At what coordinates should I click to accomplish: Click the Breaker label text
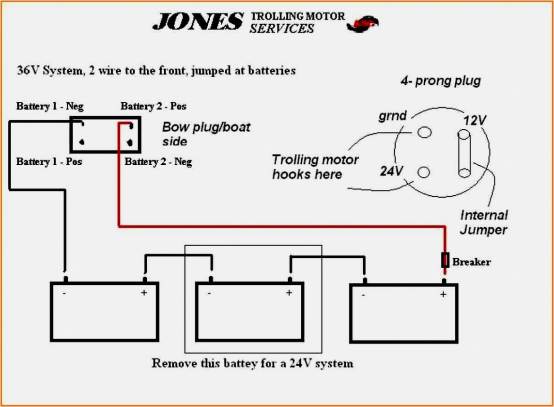(471, 262)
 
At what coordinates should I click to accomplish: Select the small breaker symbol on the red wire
(445, 260)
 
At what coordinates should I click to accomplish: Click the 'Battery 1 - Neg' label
(49, 106)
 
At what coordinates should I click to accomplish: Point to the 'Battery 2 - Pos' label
(153, 106)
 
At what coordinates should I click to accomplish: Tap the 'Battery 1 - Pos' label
(49, 161)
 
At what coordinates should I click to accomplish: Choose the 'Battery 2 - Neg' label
(158, 162)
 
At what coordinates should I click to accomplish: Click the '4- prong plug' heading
(440, 80)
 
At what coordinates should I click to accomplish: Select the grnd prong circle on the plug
(425, 132)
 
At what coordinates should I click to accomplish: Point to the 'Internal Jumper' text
(484, 222)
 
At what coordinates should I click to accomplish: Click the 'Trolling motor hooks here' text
(315, 167)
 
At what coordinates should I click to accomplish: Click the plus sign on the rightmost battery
(443, 294)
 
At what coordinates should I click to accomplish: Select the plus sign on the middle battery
(289, 293)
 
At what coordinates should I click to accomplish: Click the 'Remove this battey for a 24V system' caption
(252, 363)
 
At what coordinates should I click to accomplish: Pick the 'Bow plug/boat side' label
(206, 134)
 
